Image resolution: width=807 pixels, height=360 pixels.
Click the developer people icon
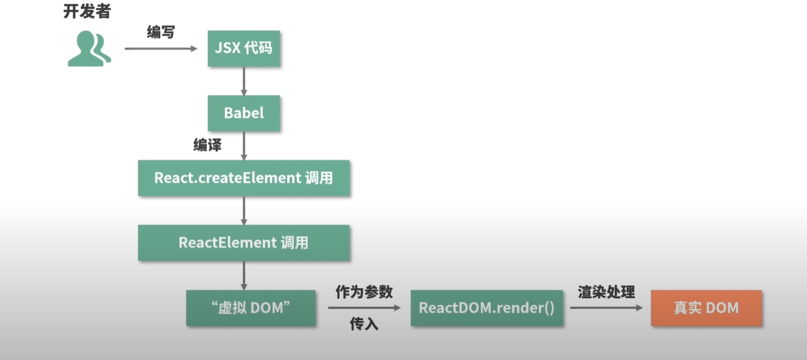coord(89,49)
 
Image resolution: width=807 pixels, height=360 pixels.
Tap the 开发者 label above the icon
coord(87,11)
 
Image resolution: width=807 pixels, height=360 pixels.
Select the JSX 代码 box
coord(244,48)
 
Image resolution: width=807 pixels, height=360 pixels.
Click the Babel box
coord(244,113)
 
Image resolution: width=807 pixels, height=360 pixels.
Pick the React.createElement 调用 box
coord(244,178)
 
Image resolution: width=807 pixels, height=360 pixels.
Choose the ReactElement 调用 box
coord(244,243)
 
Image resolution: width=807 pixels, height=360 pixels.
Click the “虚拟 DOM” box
coord(251,308)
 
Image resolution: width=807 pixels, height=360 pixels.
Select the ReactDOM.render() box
coord(486,308)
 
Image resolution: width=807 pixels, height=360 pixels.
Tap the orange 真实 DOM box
coord(706,308)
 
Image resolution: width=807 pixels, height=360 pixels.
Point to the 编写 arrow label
coord(161,32)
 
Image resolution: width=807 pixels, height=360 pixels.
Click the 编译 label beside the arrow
coord(207,145)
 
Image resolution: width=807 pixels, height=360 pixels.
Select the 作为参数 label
coord(364,292)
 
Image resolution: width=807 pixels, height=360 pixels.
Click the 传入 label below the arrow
coord(364,324)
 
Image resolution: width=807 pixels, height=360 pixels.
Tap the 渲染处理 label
coord(606,292)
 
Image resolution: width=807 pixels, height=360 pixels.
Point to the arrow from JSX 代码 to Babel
coord(244,81)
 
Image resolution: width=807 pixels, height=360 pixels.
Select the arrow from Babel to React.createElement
coord(244,146)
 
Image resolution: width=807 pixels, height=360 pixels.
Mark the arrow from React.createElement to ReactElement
coord(244,211)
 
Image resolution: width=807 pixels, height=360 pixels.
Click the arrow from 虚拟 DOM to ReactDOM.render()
coord(364,308)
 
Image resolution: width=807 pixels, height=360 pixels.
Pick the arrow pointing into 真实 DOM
coord(606,308)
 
